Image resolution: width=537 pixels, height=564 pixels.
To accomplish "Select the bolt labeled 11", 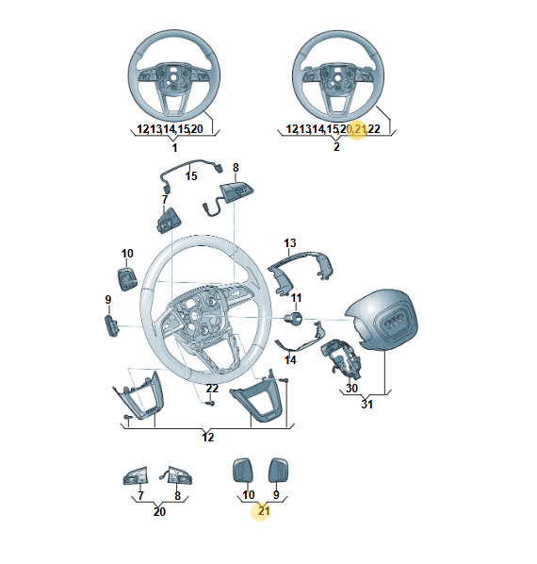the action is [x=293, y=319].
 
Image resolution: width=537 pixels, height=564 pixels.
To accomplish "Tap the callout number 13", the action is [x=289, y=243].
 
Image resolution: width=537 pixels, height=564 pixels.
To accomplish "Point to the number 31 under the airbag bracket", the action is [x=366, y=404].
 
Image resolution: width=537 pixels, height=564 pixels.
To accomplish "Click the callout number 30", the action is [x=351, y=388].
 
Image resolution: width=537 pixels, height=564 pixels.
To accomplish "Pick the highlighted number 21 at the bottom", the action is [x=264, y=511].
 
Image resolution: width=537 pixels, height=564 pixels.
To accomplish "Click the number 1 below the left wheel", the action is [x=174, y=148].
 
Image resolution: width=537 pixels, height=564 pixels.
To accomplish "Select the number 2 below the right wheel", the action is [x=336, y=147].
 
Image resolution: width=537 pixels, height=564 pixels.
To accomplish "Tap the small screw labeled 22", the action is [x=211, y=404].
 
